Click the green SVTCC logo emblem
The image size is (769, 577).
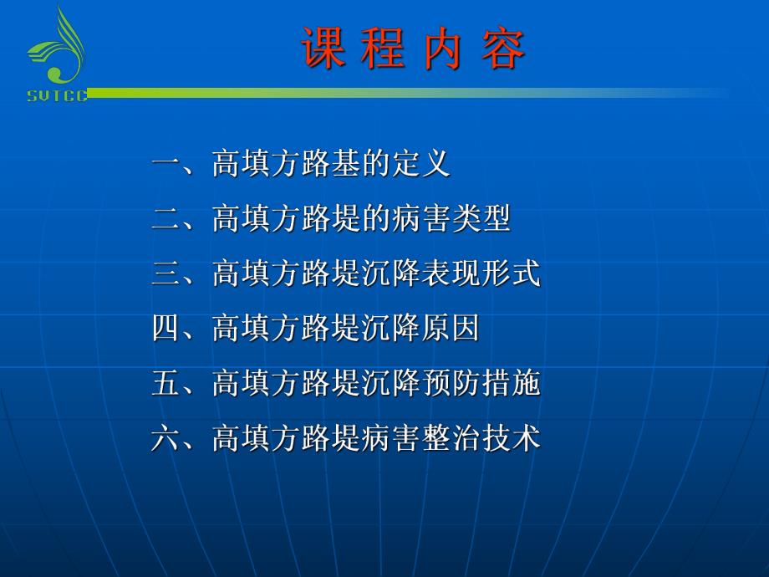(x=57, y=49)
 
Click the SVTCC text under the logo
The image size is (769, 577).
(x=57, y=96)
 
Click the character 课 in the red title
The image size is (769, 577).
(x=323, y=48)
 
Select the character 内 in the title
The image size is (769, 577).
(x=443, y=48)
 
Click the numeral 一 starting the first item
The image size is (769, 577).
(x=166, y=164)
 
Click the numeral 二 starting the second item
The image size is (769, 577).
(x=166, y=219)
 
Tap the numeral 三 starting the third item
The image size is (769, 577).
(x=166, y=274)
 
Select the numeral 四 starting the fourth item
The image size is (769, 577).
(x=166, y=329)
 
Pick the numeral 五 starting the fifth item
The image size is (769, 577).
(x=166, y=384)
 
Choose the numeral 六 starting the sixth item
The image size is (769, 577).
(x=166, y=439)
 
